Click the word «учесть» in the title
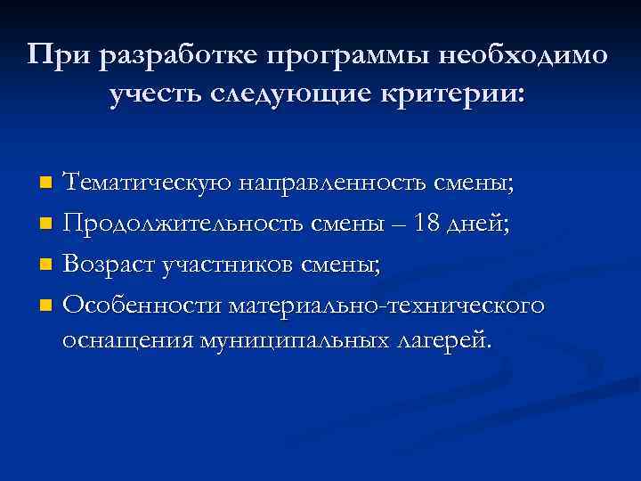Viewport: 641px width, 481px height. [160, 95]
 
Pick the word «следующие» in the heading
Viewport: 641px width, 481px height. [289, 95]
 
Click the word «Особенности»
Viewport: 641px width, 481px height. [142, 305]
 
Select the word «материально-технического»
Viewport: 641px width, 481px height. [385, 305]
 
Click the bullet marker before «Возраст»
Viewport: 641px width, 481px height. [45, 265]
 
